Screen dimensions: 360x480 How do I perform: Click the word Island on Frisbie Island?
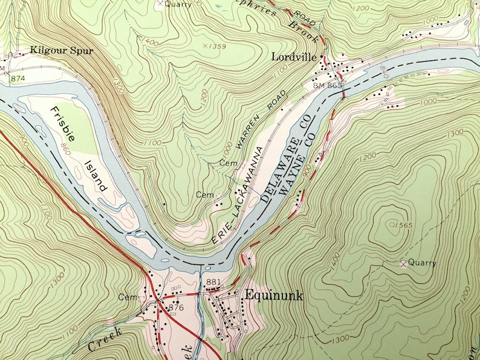(x=97, y=176)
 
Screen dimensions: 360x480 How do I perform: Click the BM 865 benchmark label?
(x=327, y=86)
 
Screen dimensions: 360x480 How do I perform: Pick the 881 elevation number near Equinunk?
(x=213, y=282)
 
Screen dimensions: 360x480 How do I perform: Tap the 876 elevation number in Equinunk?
(x=176, y=307)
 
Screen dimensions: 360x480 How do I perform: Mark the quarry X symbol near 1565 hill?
(x=403, y=263)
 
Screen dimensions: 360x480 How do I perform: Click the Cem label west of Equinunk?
(x=128, y=297)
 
